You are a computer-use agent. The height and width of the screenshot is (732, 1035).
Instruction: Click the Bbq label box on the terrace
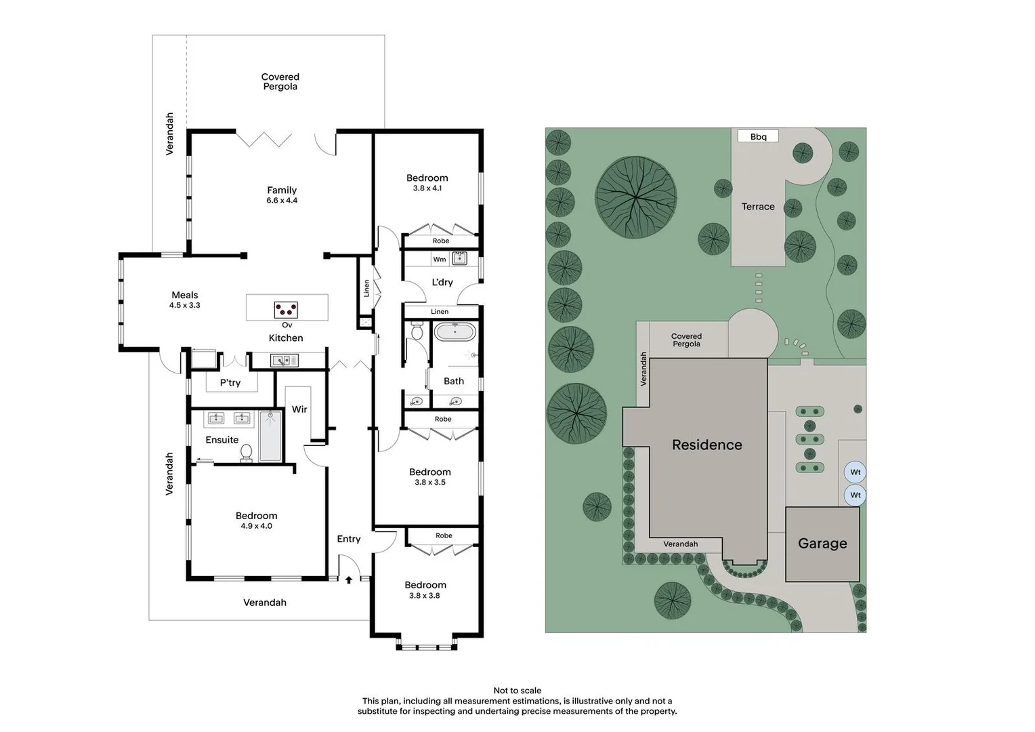click(x=758, y=136)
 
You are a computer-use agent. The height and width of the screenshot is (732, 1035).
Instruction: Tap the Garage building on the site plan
click(x=822, y=544)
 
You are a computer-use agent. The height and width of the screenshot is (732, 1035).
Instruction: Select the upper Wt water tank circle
click(x=856, y=472)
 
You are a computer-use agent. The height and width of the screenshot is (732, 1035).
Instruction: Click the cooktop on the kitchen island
click(x=286, y=310)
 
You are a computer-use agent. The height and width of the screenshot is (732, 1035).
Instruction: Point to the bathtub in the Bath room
click(x=455, y=332)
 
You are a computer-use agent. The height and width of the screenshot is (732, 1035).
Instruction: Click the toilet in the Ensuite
click(x=247, y=452)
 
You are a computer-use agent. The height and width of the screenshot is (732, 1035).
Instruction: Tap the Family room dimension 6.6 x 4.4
click(x=282, y=201)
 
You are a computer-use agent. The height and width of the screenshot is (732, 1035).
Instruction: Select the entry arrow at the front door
click(x=349, y=580)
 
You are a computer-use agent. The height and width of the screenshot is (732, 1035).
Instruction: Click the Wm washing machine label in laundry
click(x=440, y=260)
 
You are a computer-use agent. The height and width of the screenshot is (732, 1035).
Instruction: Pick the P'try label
click(x=230, y=383)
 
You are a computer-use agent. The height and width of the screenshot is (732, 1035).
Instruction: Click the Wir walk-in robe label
click(x=299, y=409)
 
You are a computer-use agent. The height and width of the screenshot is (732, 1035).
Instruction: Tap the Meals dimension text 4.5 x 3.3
click(x=185, y=306)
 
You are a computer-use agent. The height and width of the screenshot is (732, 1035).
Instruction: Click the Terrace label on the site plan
click(x=758, y=207)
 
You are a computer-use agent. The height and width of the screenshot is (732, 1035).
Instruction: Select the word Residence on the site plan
click(x=706, y=445)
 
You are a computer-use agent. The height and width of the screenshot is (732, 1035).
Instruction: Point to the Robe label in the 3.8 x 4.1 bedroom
click(x=441, y=241)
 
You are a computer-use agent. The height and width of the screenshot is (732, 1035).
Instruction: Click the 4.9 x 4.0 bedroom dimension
click(x=257, y=526)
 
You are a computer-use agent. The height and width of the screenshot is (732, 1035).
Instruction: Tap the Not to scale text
click(x=517, y=691)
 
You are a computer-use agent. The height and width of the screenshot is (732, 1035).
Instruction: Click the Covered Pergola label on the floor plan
click(x=280, y=82)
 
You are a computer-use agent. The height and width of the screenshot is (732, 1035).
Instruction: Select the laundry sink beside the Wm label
click(x=459, y=258)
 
